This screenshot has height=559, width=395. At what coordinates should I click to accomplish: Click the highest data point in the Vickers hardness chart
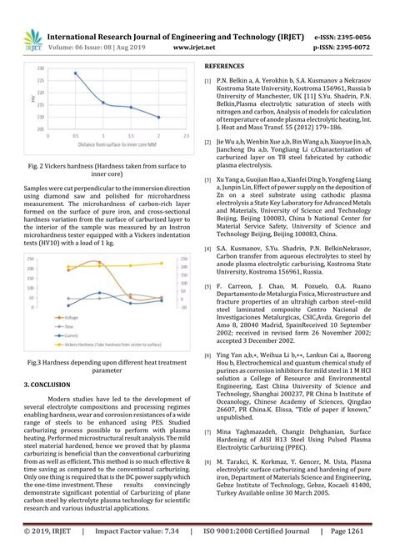pyautogui.click(x=76, y=73)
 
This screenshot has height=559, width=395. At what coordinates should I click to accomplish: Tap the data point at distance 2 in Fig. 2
pyautogui.click(x=158, y=118)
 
